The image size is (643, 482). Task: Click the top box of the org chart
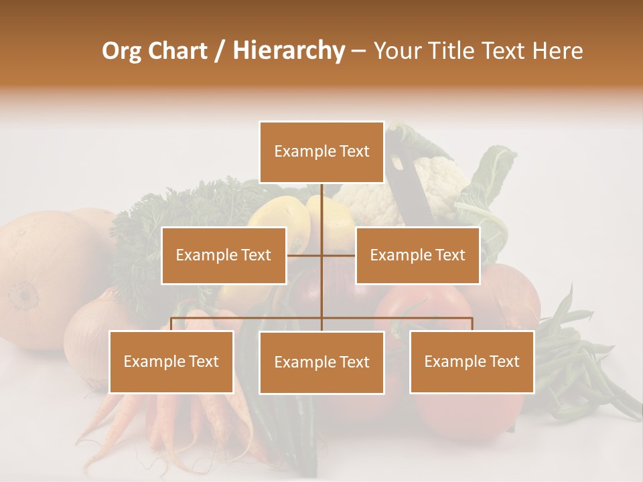(x=321, y=152)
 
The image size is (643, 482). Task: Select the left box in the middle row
(x=224, y=255)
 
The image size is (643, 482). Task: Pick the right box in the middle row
(x=417, y=255)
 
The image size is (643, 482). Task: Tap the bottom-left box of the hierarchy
(x=171, y=361)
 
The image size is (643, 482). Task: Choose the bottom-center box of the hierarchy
(x=321, y=362)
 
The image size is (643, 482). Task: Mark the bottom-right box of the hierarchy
(x=472, y=361)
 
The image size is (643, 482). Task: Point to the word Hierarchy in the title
(x=288, y=51)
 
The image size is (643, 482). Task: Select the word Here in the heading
(x=558, y=51)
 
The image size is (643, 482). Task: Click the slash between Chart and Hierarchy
(x=220, y=51)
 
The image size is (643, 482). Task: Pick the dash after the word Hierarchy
(x=358, y=51)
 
